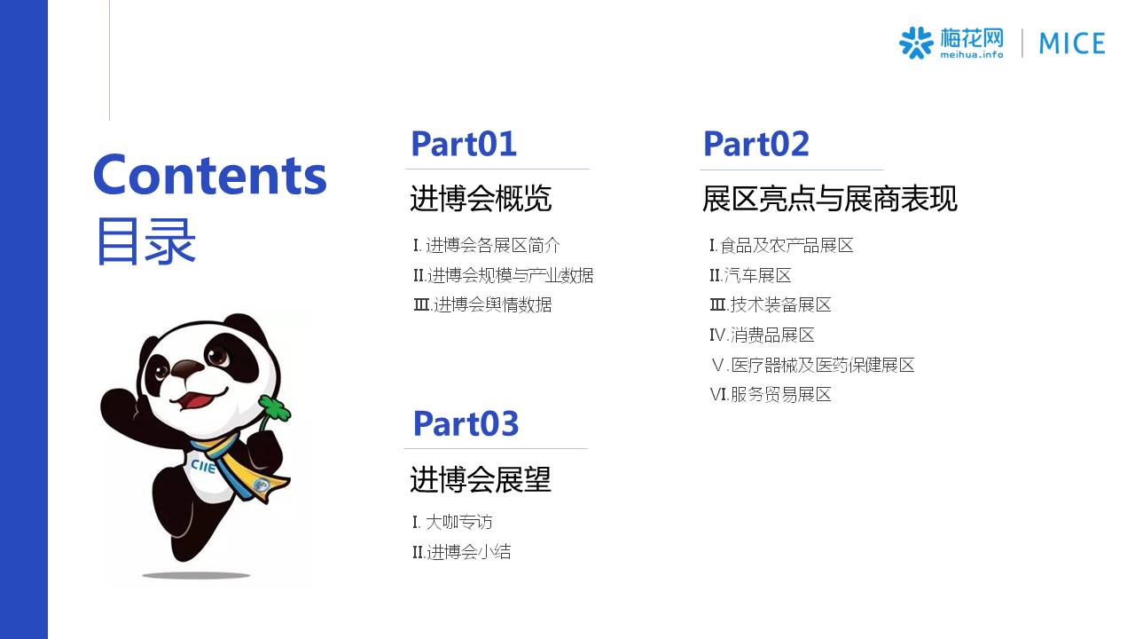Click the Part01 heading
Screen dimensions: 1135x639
(464, 144)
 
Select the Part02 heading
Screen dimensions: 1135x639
(756, 144)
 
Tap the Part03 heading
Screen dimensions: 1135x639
(466, 423)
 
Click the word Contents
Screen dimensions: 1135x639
(210, 175)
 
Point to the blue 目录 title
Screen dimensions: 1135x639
(146, 241)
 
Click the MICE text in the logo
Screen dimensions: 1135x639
(1072, 43)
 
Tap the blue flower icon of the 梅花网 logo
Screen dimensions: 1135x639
(916, 43)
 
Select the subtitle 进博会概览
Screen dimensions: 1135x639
(481, 198)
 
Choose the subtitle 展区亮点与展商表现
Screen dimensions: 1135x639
(829, 198)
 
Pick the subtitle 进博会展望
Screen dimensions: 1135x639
(480, 479)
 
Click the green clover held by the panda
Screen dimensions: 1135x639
(275, 409)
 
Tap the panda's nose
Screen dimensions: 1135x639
(186, 367)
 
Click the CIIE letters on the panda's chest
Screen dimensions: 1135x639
(203, 467)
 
